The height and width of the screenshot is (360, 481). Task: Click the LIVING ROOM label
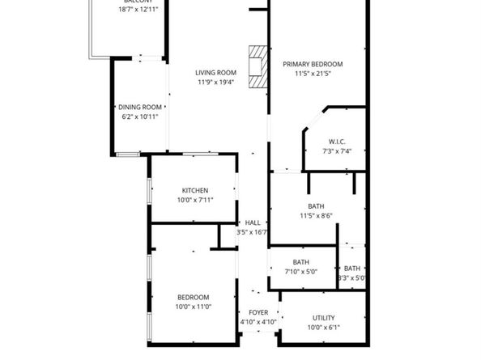tap(215, 72)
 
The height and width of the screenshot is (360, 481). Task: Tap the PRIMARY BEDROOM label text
tap(313, 64)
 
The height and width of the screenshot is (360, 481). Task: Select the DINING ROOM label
tap(140, 107)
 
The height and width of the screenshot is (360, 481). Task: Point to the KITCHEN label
tap(194, 190)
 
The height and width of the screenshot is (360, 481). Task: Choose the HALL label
tap(252, 222)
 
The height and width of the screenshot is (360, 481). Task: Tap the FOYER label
tap(258, 312)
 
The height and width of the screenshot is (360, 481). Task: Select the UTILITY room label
tap(323, 318)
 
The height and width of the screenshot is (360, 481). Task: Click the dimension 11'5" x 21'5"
tap(313, 74)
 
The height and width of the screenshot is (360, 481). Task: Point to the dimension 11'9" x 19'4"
tap(215, 82)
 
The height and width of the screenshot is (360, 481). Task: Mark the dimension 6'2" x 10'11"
tap(140, 116)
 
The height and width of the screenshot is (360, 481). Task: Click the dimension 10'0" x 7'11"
tap(194, 200)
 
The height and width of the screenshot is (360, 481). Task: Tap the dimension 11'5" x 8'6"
tap(316, 215)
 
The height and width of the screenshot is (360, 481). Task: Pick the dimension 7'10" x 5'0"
tap(300, 272)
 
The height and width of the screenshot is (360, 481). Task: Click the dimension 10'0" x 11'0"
tap(194, 307)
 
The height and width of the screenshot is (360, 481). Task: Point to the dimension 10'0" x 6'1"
tap(323, 328)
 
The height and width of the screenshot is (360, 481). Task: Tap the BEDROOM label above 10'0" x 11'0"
tap(194, 297)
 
